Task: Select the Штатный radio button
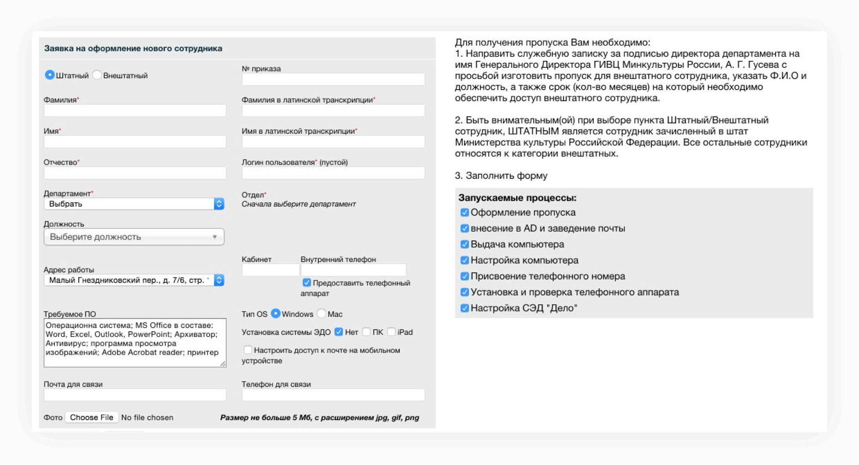click(x=50, y=75)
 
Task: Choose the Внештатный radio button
click(x=97, y=75)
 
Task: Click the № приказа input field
click(x=333, y=79)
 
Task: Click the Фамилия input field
click(x=135, y=110)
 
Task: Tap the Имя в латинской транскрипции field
click(x=333, y=142)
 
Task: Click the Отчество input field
click(x=135, y=173)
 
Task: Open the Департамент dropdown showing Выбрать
click(x=134, y=204)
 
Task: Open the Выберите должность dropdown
click(x=134, y=237)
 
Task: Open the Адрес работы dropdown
click(x=134, y=280)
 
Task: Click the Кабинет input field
click(x=270, y=270)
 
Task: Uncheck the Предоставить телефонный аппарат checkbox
click(x=307, y=283)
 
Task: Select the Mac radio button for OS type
click(x=321, y=314)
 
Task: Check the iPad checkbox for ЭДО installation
click(x=391, y=332)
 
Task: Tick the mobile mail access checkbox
click(x=248, y=350)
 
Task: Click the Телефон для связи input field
click(x=333, y=395)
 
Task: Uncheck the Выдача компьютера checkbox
click(x=464, y=244)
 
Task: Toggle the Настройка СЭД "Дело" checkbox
click(x=464, y=308)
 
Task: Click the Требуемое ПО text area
click(x=135, y=342)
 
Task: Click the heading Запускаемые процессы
click(x=517, y=198)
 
